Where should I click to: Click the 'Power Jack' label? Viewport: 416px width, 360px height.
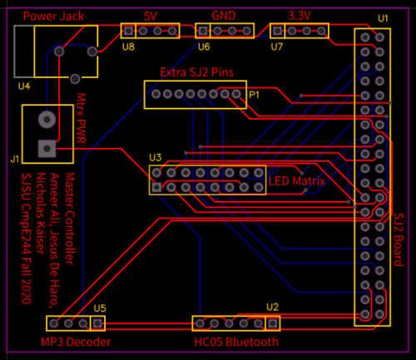point(53,17)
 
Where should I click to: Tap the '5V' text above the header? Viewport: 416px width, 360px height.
point(151,17)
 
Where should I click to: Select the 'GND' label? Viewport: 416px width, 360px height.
point(224,16)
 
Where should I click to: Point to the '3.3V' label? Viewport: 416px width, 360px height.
point(300,16)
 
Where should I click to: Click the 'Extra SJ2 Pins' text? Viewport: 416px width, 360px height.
point(197,72)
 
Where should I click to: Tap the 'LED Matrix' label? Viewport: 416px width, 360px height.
point(297,181)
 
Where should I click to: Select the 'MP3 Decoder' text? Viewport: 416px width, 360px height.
point(76,342)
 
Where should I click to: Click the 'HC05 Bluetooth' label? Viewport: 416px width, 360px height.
point(236,342)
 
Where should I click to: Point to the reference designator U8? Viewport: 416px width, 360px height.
point(128,47)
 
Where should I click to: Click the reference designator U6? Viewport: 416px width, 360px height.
point(204,47)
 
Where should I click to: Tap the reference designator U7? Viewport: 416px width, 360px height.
point(277,47)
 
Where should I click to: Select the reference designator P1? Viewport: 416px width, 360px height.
point(254,95)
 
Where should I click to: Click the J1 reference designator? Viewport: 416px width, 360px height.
point(15,159)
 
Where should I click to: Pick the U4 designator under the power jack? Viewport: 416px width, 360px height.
point(24,86)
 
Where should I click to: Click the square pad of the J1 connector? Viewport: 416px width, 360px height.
point(47,149)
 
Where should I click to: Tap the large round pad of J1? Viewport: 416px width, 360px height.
point(47,120)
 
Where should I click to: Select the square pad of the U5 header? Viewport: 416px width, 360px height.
point(97,323)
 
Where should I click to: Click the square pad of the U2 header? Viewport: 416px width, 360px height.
point(273,323)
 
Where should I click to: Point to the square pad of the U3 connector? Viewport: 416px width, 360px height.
point(156,187)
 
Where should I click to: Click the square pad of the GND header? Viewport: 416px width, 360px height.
point(203,31)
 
